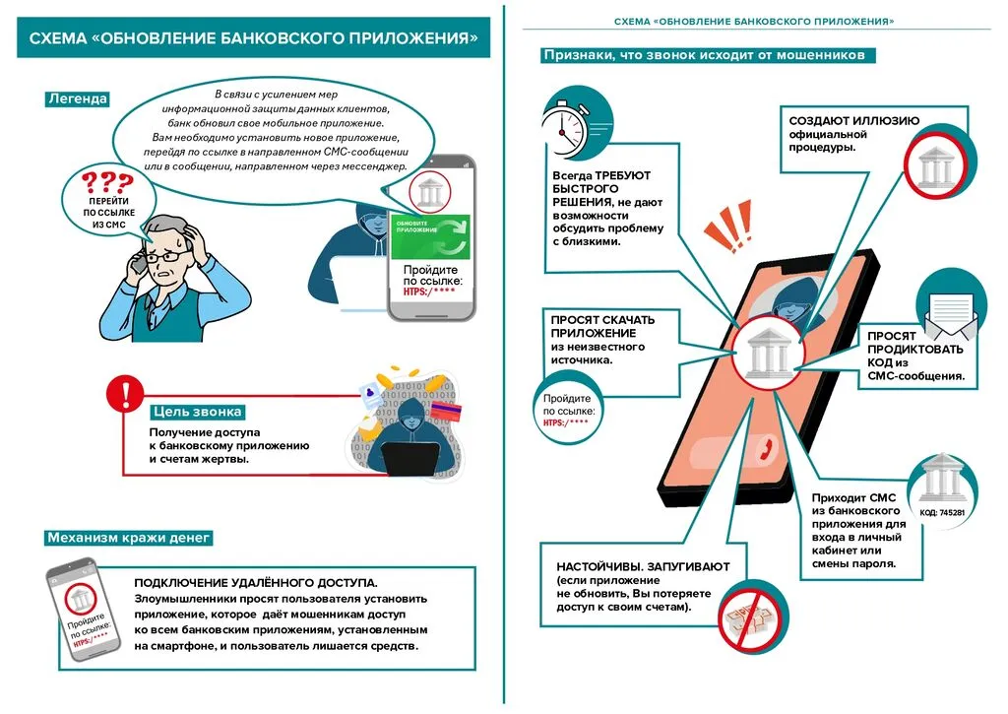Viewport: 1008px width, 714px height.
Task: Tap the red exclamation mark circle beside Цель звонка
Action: click(x=124, y=395)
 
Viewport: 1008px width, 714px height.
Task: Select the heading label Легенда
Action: click(x=77, y=98)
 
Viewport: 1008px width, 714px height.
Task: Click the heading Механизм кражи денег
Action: click(x=129, y=538)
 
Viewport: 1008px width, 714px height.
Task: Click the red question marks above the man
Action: click(x=106, y=183)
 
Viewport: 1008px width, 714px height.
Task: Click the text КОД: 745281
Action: click(x=942, y=513)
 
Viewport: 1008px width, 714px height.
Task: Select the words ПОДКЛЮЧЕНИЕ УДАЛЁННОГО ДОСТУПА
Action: click(x=256, y=582)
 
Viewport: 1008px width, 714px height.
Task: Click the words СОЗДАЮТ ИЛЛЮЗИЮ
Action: click(x=853, y=120)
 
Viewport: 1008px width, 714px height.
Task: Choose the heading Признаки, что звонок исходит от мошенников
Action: click(x=704, y=55)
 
